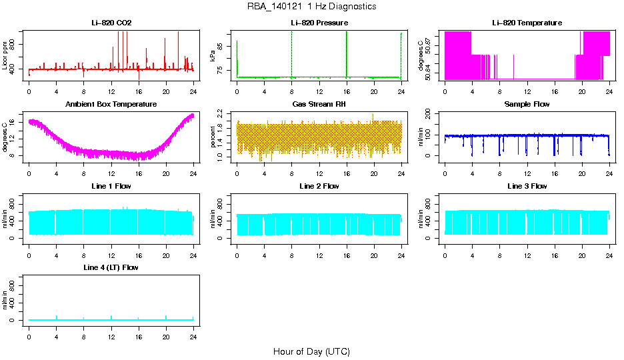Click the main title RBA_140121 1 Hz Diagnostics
pos(311,7)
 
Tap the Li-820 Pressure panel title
pos(319,23)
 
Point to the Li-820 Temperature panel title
pos(527,23)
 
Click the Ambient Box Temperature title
pos(111,105)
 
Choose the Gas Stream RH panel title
pos(319,105)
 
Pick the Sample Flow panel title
pos(527,105)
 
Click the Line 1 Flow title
pos(111,187)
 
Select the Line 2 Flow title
pos(319,187)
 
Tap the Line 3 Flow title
pos(527,187)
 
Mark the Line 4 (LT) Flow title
pos(111,268)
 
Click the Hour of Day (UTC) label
pos(311,351)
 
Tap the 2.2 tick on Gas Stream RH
pos(223,115)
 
